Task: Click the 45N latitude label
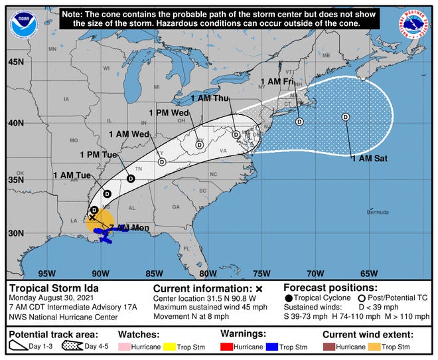tap(16, 62)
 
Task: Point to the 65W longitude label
tap(369, 273)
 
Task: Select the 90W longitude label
tap(101, 273)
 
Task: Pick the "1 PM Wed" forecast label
tap(165, 113)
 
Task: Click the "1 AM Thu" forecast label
tap(210, 98)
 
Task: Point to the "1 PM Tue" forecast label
tap(98, 155)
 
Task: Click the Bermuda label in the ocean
tap(377, 213)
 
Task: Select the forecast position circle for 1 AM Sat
tap(345, 117)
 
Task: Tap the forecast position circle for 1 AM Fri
tap(299, 122)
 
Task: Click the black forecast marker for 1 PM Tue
tap(131, 179)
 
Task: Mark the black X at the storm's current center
tap(92, 217)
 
